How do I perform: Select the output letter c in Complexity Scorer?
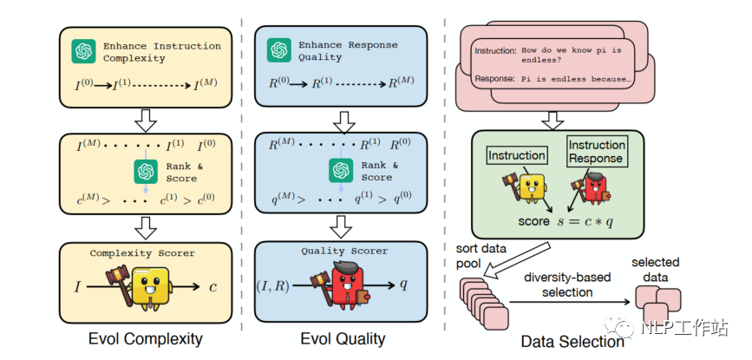213,286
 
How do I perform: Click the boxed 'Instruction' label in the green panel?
516,156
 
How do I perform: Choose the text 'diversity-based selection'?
568,285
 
